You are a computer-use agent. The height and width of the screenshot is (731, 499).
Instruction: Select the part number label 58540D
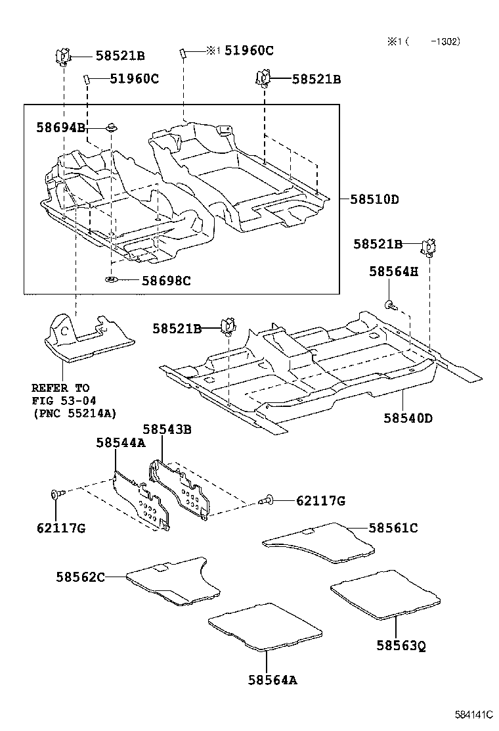(409, 417)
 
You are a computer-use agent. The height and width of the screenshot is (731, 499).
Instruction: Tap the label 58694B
(60, 128)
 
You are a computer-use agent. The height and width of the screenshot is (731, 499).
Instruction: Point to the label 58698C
(166, 281)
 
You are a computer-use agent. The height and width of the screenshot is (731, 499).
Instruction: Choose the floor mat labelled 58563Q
(385, 594)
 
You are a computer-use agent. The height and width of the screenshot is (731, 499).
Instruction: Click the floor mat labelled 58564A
(265, 630)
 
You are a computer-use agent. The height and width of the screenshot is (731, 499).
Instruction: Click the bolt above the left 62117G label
(56, 494)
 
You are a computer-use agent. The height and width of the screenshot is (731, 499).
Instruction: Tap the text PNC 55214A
(74, 413)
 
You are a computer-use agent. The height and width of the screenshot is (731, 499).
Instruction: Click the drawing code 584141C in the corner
(473, 714)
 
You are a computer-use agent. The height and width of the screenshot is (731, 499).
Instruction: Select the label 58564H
(393, 271)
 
